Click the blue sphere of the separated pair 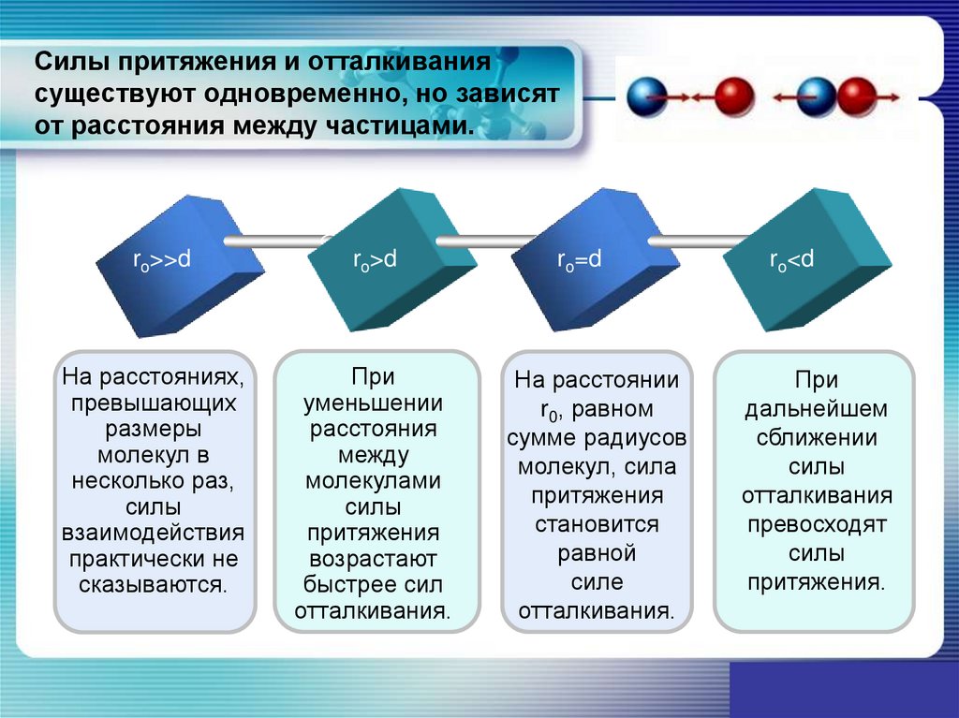[x=645, y=96]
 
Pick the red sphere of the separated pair [x=733, y=96]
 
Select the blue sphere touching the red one [x=816, y=96]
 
